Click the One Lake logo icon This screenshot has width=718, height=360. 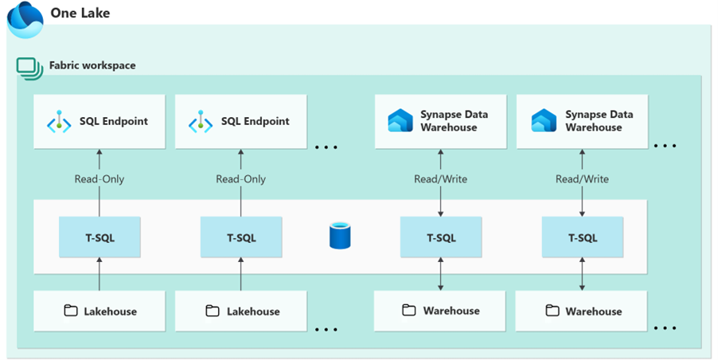click(25, 19)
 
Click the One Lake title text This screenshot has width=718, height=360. click(80, 13)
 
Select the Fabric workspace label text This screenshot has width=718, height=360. click(92, 65)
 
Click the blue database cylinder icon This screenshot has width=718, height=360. click(340, 237)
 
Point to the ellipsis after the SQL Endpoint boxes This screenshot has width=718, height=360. click(328, 147)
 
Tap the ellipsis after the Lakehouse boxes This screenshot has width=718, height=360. click(328, 328)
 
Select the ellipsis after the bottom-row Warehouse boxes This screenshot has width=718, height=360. click(665, 327)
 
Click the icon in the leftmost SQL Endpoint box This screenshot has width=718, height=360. click(58, 122)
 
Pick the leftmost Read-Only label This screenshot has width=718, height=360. click(100, 179)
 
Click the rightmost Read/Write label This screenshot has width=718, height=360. click(582, 179)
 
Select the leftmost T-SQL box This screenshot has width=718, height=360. click(100, 237)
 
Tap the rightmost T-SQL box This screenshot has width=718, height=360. click(582, 237)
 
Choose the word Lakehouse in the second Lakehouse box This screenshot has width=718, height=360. click(253, 311)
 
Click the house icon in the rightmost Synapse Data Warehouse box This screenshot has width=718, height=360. click(544, 121)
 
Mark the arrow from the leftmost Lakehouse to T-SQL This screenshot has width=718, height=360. click(100, 274)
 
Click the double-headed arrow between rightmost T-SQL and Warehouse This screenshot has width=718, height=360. click(582, 274)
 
